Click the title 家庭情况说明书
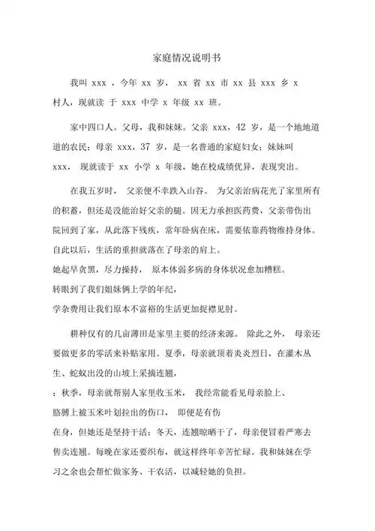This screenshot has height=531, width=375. (x=187, y=57)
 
